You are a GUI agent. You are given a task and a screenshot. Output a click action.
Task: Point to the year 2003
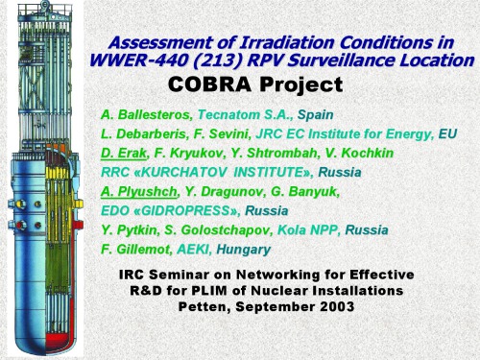pyautogui.click(x=329, y=307)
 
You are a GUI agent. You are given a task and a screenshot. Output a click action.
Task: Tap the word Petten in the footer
pyautogui.click(x=205, y=307)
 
